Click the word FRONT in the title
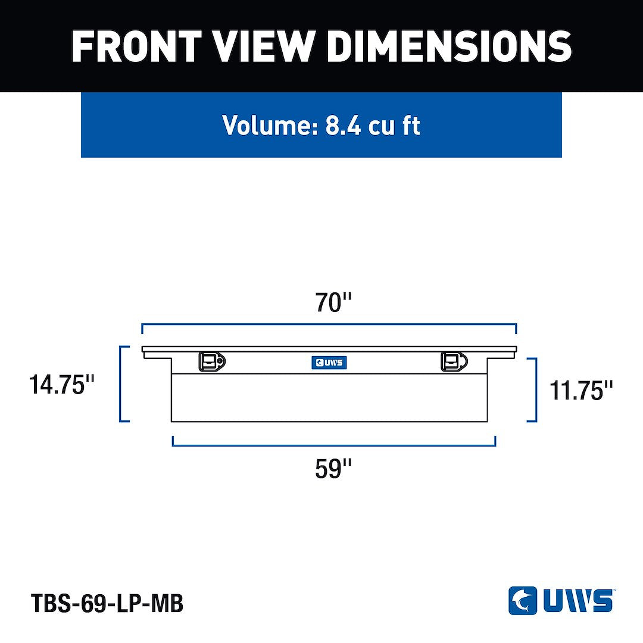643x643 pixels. [x=136, y=46]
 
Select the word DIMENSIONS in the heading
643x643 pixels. [x=449, y=46]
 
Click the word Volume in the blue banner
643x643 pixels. [x=270, y=124]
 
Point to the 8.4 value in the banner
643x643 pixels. [x=344, y=125]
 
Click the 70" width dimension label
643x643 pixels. [x=333, y=302]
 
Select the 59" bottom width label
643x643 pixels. [x=333, y=469]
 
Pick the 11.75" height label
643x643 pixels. [x=580, y=390]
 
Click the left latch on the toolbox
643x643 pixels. [x=212, y=361]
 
